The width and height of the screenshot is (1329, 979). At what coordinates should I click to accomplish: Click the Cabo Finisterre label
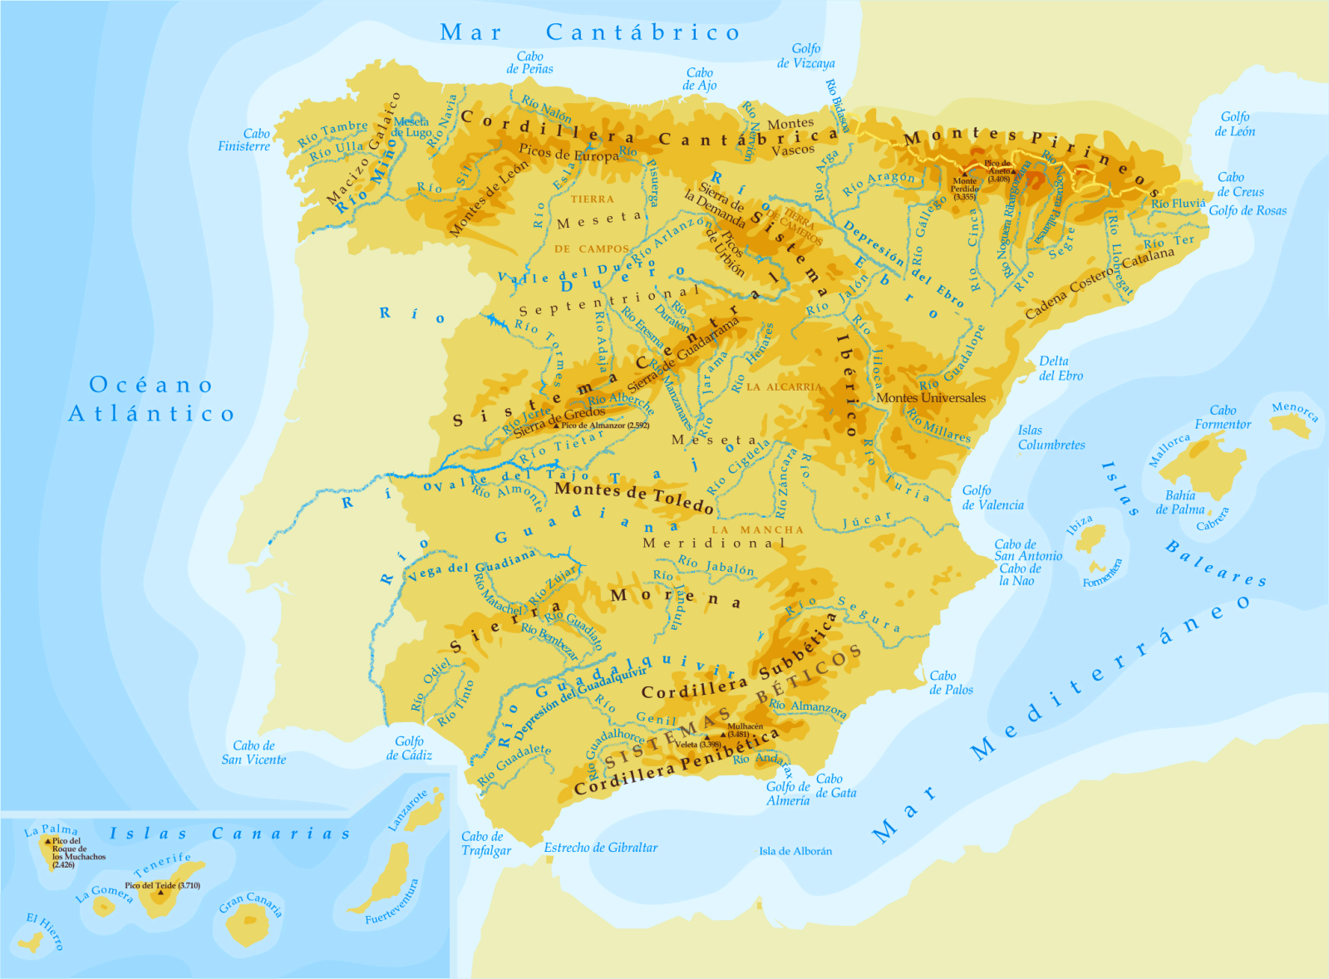coord(244,140)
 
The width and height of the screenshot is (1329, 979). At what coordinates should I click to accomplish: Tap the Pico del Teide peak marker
coord(160,893)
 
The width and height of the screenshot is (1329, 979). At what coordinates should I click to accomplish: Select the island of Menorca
coord(1291,426)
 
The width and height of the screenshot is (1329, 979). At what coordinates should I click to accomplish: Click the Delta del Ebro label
coord(1061,368)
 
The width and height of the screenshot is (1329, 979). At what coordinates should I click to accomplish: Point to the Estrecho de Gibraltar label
coord(600,848)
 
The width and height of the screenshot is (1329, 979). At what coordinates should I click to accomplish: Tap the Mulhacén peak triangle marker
coord(723,735)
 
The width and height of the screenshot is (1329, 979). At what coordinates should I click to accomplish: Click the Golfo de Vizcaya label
coord(805,56)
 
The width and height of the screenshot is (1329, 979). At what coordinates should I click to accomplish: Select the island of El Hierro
coord(31,943)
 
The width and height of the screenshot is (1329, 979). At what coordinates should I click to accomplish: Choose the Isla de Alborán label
coord(795,851)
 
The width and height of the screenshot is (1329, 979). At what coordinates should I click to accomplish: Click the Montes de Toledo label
coord(633,497)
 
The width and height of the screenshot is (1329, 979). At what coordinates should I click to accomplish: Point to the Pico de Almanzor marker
coord(557,426)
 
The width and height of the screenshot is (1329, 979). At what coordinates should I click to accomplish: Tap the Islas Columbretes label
coord(1051,437)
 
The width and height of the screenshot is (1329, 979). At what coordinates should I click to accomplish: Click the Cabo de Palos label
coord(950,682)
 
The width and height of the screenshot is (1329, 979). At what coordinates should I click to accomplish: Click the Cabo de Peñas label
coord(529,62)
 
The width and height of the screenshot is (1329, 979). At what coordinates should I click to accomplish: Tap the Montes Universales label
coord(930,398)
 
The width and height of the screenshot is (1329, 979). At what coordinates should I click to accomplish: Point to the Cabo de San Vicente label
coord(253,752)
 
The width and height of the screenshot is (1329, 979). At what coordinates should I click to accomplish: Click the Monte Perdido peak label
coord(964,188)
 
